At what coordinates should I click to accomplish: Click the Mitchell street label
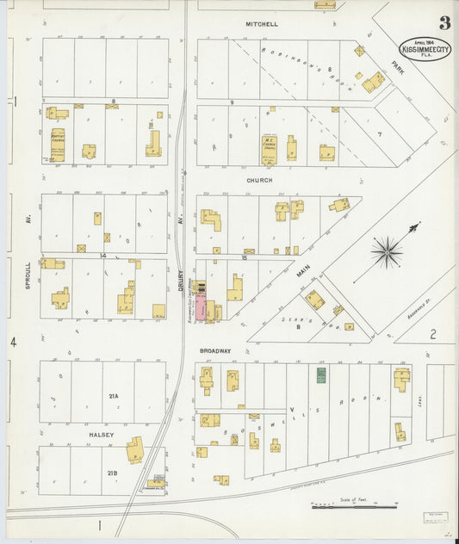(261, 24)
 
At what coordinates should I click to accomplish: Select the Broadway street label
(215, 351)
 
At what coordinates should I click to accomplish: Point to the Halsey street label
(102, 436)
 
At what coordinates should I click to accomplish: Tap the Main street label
(303, 273)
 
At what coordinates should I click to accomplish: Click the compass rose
(387, 251)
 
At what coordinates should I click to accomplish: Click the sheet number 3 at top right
(444, 23)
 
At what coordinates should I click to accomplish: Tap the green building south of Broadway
(321, 375)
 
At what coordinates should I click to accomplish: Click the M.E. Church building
(269, 148)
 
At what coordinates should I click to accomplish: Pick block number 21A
(113, 396)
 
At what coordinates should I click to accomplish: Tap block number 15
(245, 257)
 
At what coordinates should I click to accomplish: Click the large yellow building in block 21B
(135, 450)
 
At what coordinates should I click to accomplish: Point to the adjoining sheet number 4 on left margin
(13, 343)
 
